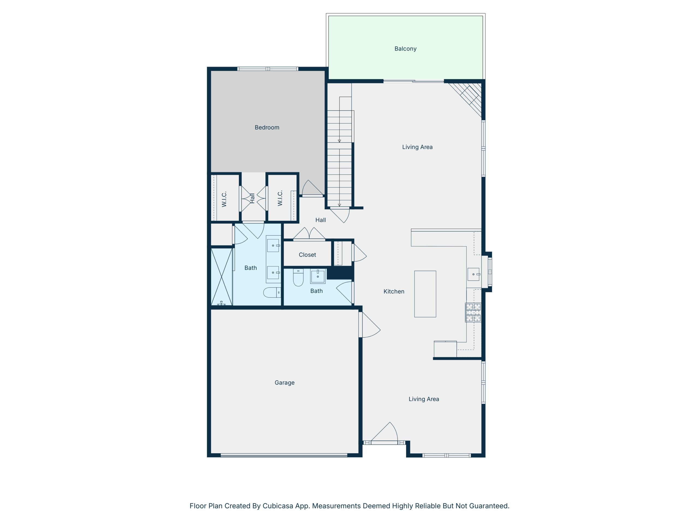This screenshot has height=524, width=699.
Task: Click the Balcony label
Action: pyautogui.click(x=405, y=49)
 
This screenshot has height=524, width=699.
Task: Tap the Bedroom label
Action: pyautogui.click(x=267, y=127)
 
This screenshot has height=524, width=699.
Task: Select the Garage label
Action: pyautogui.click(x=285, y=383)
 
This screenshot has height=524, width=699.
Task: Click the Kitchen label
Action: pyautogui.click(x=394, y=291)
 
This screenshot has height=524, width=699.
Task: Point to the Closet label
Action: pyautogui.click(x=307, y=255)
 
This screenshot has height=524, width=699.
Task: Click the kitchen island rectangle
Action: pyautogui.click(x=425, y=294)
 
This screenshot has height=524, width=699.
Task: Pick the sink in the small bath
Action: pyautogui.click(x=318, y=276)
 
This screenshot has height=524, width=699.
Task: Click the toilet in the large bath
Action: pyautogui.click(x=271, y=293)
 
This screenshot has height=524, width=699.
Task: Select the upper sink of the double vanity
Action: pyautogui.click(x=273, y=245)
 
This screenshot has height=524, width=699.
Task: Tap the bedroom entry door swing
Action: pyautogui.click(x=311, y=189)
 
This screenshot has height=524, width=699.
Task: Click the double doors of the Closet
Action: pyautogui.click(x=309, y=234)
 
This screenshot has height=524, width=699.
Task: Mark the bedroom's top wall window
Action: pyautogui.click(x=268, y=69)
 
